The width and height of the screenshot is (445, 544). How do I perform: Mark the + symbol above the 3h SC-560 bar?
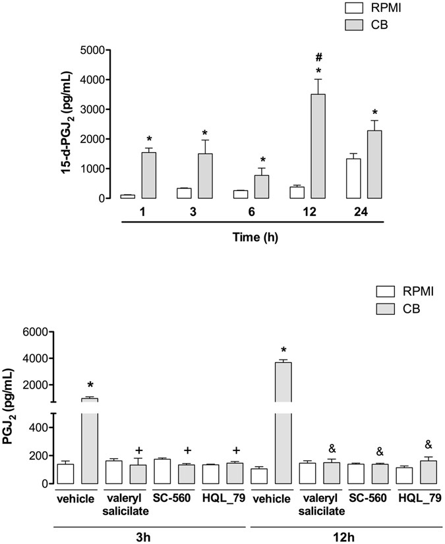pos(188,450)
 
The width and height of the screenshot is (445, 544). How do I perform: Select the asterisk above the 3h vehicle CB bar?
pos(91,385)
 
